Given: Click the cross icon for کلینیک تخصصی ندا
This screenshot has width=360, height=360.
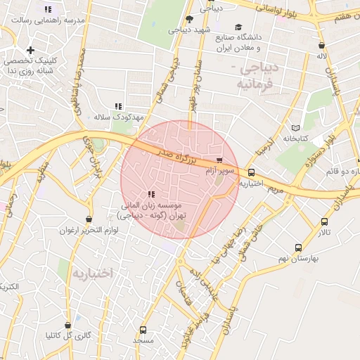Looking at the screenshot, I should pos(30,51).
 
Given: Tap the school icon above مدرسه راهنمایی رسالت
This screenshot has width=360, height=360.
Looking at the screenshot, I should pos(48,10).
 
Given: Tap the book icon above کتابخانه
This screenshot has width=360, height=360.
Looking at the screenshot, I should pos(295,128).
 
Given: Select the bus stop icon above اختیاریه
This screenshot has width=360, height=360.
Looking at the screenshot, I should pos(251,172).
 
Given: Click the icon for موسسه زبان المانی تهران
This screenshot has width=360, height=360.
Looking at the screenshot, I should pos(151,194).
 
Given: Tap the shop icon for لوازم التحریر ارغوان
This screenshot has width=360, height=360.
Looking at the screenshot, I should pos(88,219).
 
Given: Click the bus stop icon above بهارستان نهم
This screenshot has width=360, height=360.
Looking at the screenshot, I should pos(299,247).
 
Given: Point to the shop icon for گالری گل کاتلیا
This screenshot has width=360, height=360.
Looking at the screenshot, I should pos(68,326).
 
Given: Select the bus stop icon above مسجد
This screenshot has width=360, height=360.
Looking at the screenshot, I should pos(143,330).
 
